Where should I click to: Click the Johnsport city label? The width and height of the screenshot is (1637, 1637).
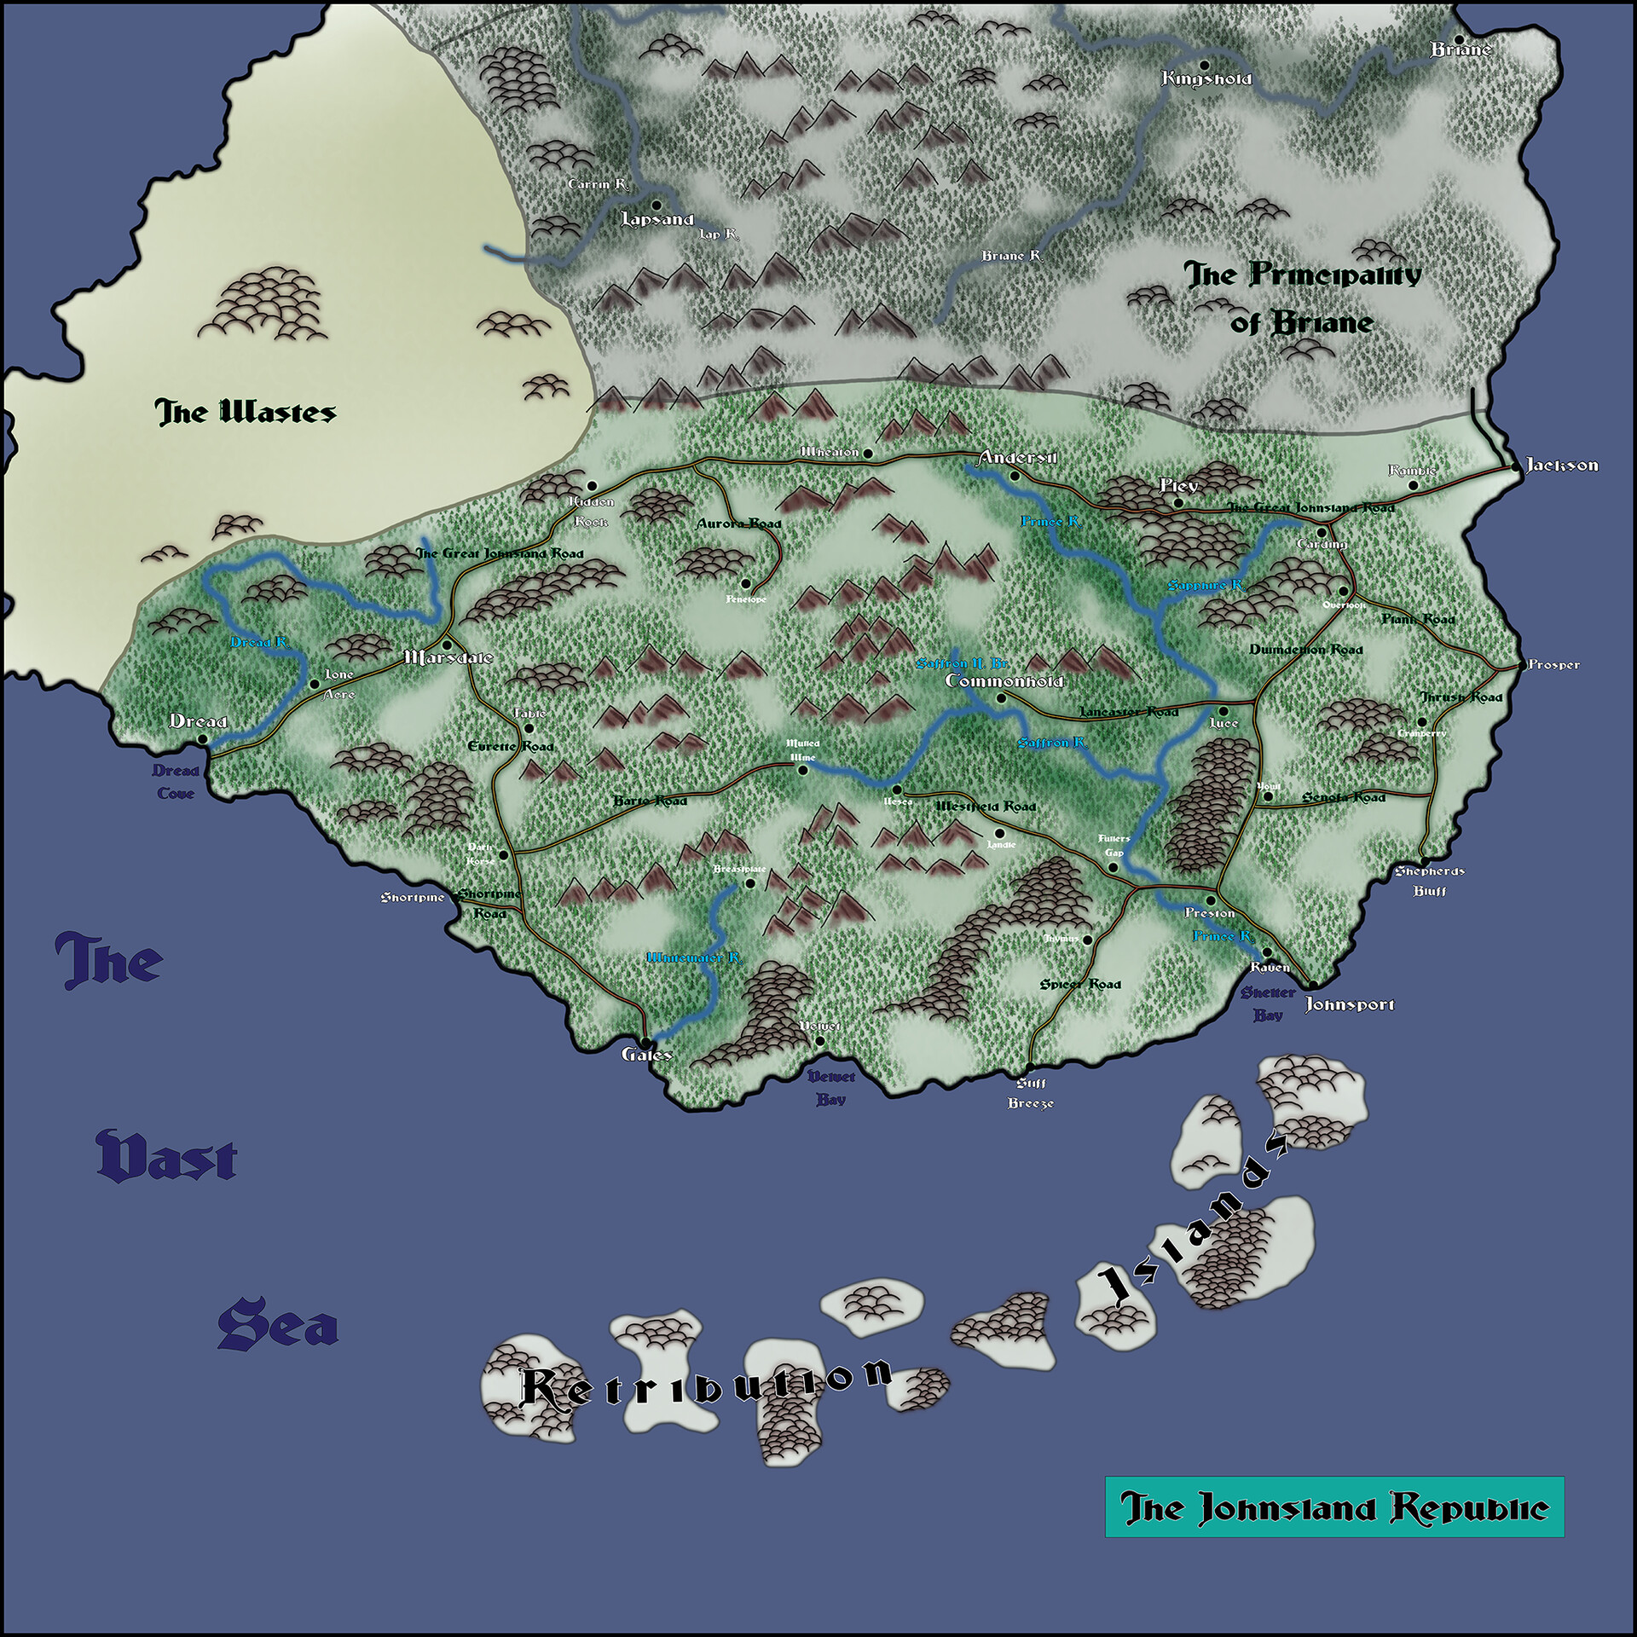(1350, 1004)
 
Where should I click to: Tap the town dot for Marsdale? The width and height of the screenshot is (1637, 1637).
(446, 645)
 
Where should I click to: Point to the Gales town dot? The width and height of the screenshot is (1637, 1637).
(646, 1043)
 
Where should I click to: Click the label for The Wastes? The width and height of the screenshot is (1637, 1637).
(246, 414)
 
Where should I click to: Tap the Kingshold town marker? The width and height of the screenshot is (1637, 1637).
(1205, 65)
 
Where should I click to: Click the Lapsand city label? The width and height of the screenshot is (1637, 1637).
(657, 219)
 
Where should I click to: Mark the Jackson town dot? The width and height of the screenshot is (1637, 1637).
(1514, 467)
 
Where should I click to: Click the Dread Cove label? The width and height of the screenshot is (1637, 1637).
(176, 782)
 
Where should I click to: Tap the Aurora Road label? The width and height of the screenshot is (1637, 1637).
(738, 523)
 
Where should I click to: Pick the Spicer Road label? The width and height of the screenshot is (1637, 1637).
(1079, 984)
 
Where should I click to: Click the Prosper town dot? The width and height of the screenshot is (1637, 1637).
(1523, 665)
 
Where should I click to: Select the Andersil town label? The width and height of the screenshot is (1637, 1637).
(1018, 458)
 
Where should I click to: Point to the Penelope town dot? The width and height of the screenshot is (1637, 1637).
(745, 584)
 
